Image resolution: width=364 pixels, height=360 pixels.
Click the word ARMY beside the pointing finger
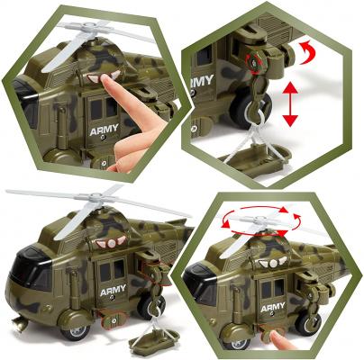(104, 130)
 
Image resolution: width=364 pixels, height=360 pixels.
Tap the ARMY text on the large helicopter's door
(113, 290)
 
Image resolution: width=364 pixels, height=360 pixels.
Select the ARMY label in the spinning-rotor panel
(273, 307)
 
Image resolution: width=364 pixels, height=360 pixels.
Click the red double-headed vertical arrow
(290, 104)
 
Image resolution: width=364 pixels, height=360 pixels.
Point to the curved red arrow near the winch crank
(307, 53)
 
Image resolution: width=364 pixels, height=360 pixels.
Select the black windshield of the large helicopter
(29, 267)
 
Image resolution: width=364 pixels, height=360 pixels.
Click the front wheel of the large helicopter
(75, 331)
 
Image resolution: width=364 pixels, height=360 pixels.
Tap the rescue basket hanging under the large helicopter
(153, 340)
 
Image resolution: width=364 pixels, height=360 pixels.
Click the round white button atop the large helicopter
(112, 243)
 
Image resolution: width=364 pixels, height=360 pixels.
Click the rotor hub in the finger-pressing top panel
(88, 27)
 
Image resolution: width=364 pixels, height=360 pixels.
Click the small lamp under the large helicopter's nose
(20, 323)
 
